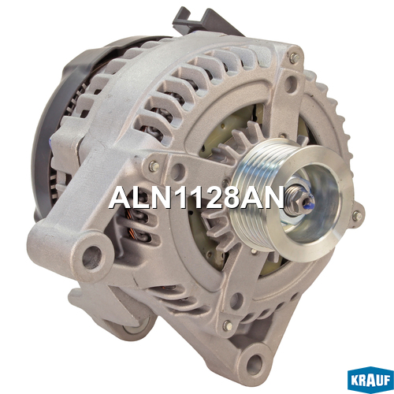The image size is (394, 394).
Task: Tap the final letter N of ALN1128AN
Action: point(273,196)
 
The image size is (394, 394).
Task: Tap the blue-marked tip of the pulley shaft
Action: point(310,201)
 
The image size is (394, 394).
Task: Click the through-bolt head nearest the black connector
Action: point(294,58)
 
